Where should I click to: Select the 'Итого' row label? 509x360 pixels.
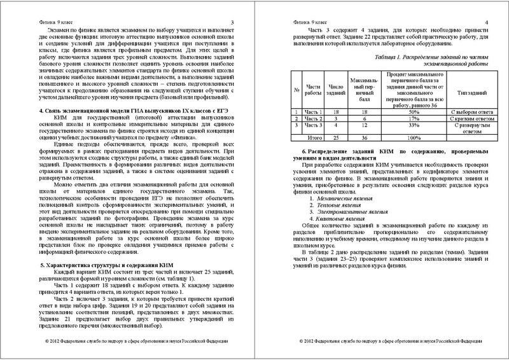click(x=313, y=137)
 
